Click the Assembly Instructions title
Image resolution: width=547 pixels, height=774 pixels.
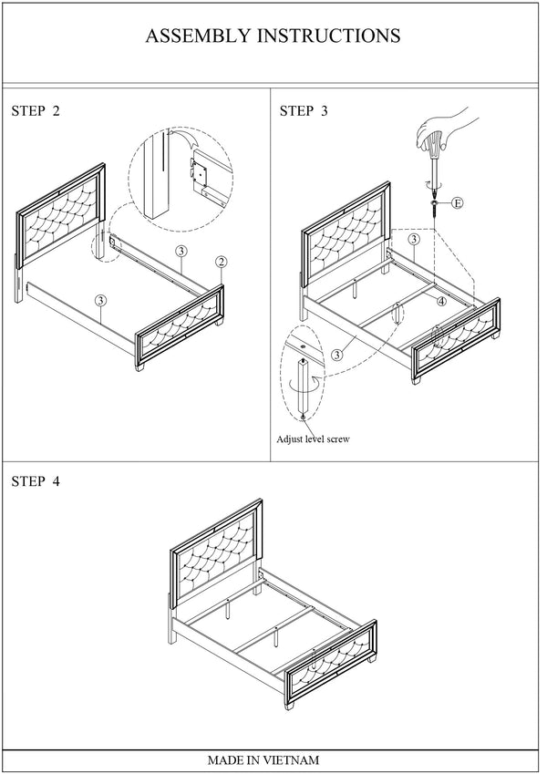(x=273, y=36)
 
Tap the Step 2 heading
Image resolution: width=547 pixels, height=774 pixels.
(x=36, y=111)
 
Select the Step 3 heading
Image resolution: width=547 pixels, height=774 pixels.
(x=304, y=111)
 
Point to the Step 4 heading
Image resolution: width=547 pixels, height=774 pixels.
(x=36, y=481)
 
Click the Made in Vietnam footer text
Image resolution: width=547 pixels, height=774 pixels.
(x=263, y=760)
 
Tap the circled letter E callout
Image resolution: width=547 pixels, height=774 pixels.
(x=458, y=203)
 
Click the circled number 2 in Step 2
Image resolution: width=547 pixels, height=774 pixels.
(x=221, y=263)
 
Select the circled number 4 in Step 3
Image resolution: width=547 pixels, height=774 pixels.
(x=441, y=301)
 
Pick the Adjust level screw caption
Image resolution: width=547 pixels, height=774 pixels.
(x=313, y=439)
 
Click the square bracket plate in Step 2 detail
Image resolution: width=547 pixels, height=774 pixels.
(x=200, y=171)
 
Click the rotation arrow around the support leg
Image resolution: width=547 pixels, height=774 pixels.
(x=302, y=385)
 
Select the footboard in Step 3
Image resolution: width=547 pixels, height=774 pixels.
(x=455, y=340)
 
